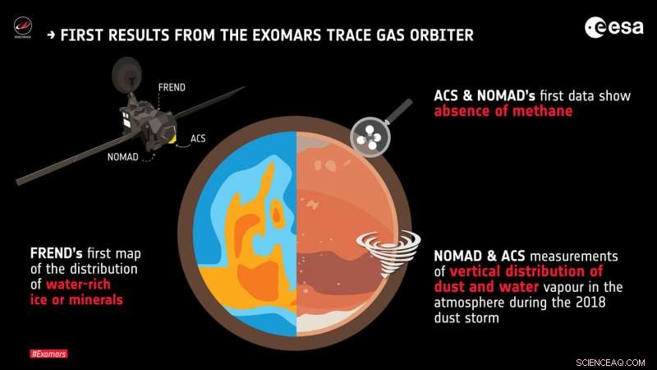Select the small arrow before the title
click(53, 35)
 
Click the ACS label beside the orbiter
click(198, 138)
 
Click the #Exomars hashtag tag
click(48, 354)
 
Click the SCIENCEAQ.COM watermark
click(615, 360)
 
